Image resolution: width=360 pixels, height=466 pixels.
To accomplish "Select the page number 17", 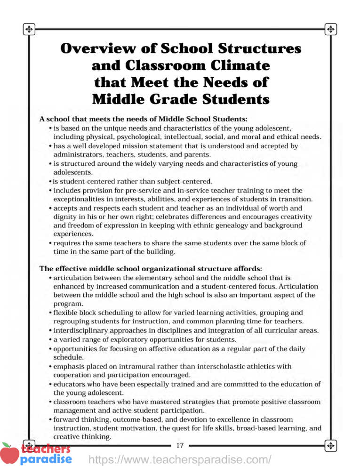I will point(180,445).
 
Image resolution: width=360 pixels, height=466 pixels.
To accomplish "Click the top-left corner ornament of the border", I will point(29,29).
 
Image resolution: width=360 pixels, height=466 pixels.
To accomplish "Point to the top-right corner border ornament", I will point(330,29).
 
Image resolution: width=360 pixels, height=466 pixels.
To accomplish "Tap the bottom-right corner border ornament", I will point(330,445).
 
